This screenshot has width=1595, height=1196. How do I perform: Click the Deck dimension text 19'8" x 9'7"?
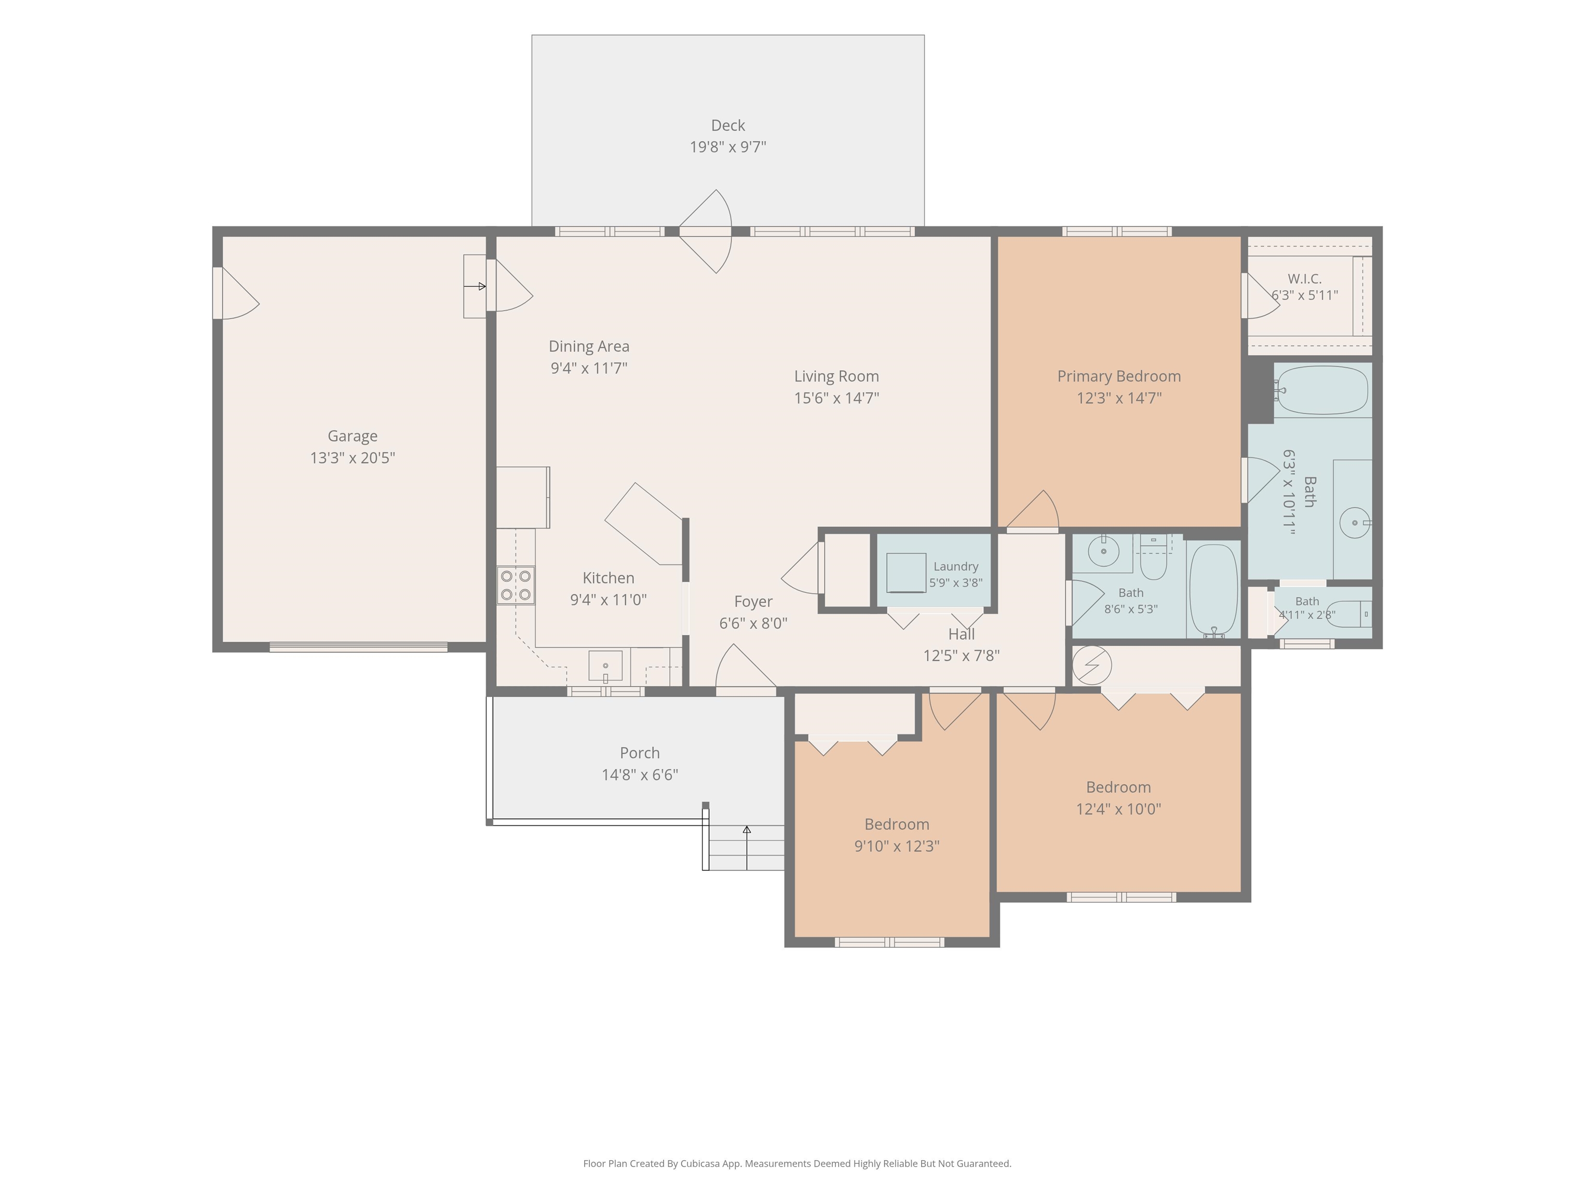727,147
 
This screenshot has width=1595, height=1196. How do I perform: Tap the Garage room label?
353,436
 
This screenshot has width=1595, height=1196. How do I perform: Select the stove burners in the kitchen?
516,586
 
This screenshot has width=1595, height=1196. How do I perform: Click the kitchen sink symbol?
606,666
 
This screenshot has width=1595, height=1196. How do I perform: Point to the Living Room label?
836,376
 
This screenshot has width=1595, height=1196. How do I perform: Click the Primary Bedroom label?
1119,376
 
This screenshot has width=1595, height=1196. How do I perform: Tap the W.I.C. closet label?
1304,279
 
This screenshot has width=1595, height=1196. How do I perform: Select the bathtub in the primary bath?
1322,390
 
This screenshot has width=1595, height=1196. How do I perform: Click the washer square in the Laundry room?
907,573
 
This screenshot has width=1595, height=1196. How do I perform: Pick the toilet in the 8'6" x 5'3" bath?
1154,558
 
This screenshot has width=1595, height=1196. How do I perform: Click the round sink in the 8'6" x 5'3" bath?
1103,551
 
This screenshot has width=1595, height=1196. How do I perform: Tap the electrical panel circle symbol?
1092,664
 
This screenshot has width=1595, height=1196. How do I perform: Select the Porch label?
640,753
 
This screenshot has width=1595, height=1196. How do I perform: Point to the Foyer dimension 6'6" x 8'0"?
753,623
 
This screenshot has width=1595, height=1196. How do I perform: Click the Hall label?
961,634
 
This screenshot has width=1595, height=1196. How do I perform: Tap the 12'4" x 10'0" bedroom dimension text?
1118,809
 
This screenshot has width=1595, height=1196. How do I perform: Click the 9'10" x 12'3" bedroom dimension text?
897,846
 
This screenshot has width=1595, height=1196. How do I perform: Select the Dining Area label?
589,347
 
